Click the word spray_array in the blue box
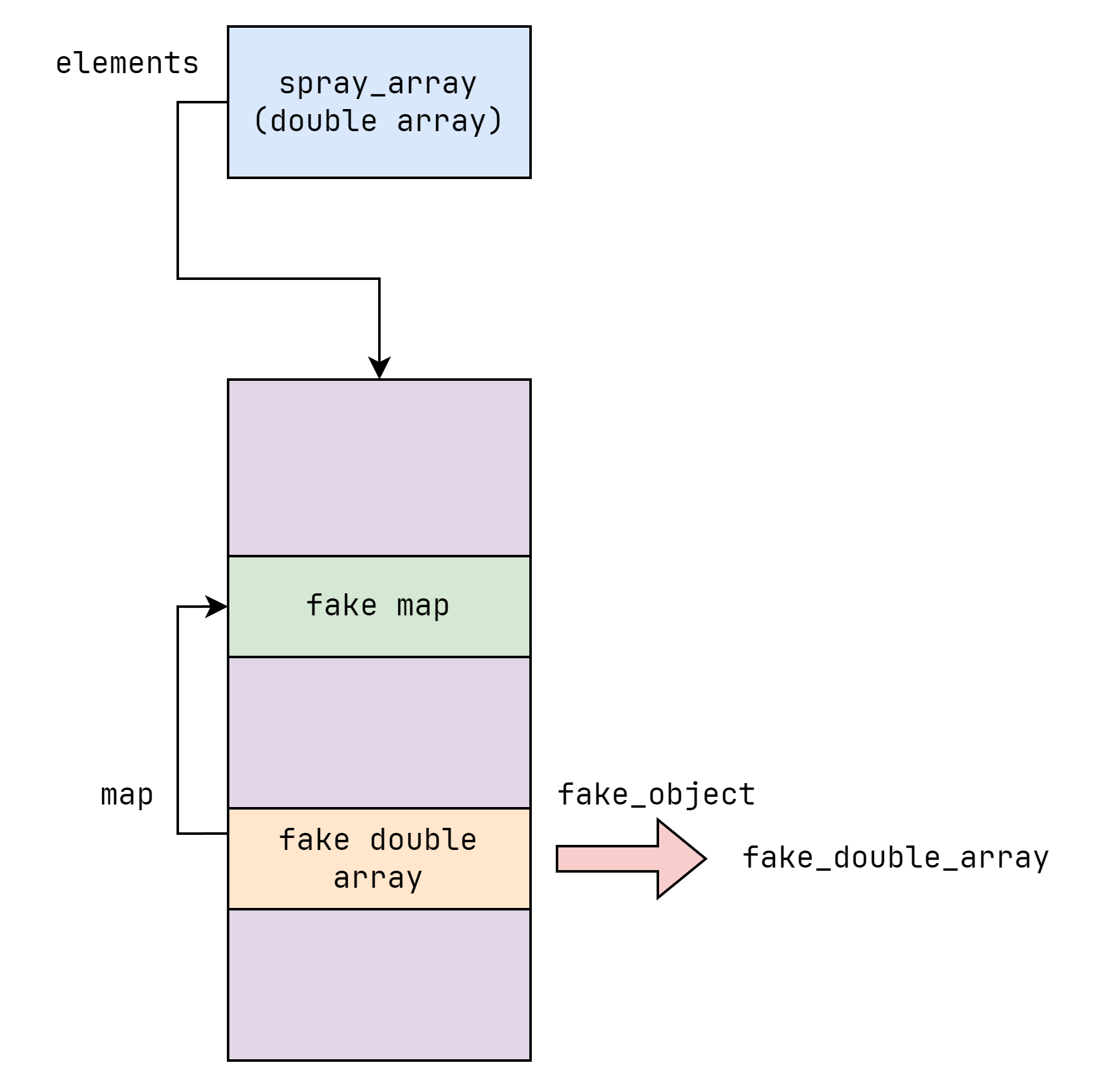coord(377,84)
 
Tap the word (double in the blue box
coord(315,121)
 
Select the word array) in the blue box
coord(450,121)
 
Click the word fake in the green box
coord(342,605)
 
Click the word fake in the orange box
coord(314,840)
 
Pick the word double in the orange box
coord(423,840)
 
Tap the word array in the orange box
coord(377,878)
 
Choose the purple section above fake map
coord(379,467)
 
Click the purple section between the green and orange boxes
coord(379,732)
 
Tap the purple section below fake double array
coord(379,984)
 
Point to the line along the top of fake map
coord(379,556)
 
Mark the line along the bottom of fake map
coord(379,657)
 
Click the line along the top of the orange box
coord(379,808)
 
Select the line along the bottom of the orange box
coord(379,909)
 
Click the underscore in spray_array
coord(378,95)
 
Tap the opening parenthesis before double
coord(260,121)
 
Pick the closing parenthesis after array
coord(495,121)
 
